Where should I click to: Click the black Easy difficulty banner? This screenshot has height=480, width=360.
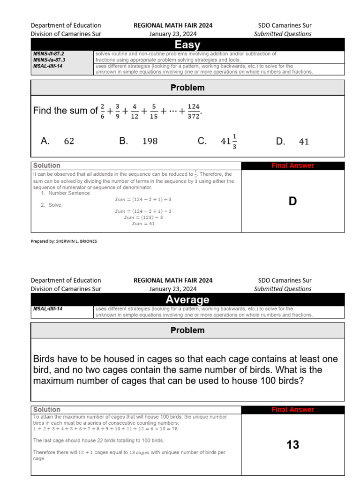click(187, 45)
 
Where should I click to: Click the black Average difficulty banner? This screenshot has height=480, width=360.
click(187, 300)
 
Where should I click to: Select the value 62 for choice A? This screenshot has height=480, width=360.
click(69, 141)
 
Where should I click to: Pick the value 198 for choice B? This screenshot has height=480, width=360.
click(150, 141)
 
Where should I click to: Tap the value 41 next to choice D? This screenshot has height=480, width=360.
click(304, 141)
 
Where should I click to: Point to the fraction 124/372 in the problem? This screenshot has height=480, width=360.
click(193, 111)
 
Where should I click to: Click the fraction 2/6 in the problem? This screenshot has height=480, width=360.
click(103, 111)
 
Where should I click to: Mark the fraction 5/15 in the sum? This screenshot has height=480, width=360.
click(153, 111)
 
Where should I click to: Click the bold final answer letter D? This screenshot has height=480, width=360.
click(292, 202)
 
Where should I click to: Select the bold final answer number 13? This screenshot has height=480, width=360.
click(292, 445)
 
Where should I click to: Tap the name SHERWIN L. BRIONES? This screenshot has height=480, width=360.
click(76, 241)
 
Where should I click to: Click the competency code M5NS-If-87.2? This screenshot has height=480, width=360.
click(49, 54)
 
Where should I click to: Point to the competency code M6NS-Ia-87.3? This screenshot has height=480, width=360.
click(49, 60)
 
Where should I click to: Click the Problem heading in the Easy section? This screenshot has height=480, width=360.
click(187, 88)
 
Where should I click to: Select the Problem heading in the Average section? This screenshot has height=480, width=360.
click(187, 330)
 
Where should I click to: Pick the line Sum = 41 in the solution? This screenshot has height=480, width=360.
click(143, 224)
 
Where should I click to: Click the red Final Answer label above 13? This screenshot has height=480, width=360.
click(292, 410)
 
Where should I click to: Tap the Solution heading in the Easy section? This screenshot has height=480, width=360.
click(47, 165)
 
